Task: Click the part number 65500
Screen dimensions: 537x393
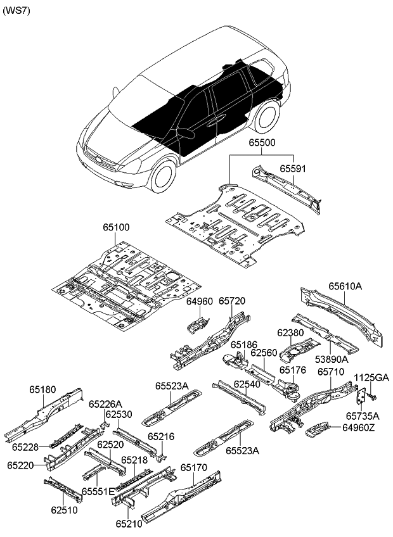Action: [262, 144]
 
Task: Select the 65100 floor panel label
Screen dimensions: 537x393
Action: [113, 226]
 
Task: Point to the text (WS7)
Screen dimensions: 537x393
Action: [16, 11]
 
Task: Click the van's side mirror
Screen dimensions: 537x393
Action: [186, 133]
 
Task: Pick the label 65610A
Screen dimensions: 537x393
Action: [345, 286]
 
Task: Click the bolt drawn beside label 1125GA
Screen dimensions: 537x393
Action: [372, 396]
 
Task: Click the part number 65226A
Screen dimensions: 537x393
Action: [105, 404]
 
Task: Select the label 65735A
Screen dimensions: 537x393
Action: [363, 416]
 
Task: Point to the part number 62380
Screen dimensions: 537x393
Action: [290, 331]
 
